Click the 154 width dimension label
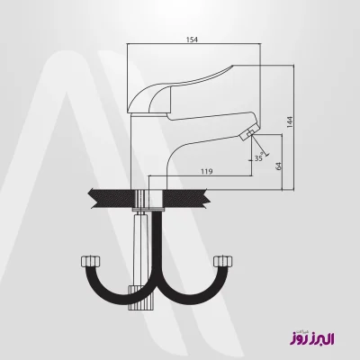[192, 40]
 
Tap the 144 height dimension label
[290, 122]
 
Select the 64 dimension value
[279, 166]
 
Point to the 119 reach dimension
[207, 172]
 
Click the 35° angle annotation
[259, 158]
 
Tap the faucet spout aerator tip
[247, 133]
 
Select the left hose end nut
[91, 261]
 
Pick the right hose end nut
[223, 261]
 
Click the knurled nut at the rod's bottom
[140, 298]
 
